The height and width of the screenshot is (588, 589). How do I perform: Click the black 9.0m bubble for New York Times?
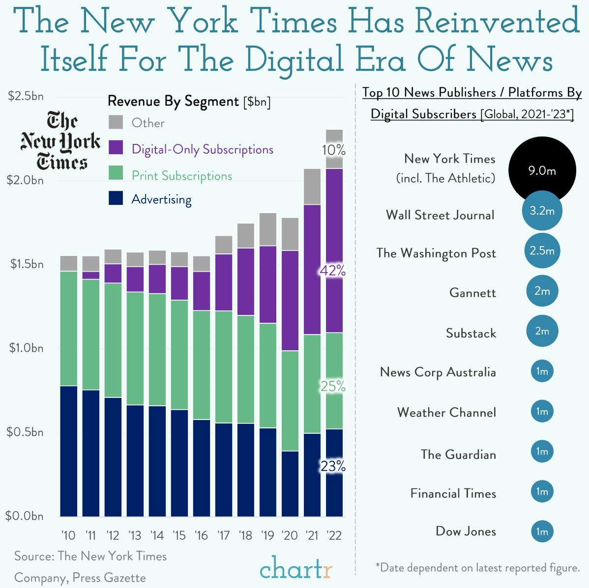pyautogui.click(x=542, y=170)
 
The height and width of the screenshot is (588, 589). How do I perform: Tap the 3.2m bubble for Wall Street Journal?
pyautogui.click(x=542, y=211)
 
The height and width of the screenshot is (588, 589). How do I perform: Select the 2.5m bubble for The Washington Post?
pyautogui.click(x=542, y=251)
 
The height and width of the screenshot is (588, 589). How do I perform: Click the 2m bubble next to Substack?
pyautogui.click(x=542, y=331)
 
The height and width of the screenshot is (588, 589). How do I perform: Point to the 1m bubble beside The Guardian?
pyautogui.click(x=542, y=451)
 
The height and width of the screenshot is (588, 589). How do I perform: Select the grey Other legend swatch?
pyautogui.click(x=116, y=122)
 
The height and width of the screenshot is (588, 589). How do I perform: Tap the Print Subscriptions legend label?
pyautogui.click(x=181, y=176)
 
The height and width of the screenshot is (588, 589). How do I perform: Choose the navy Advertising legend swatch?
pyautogui.click(x=116, y=198)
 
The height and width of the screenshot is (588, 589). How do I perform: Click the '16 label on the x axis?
pyautogui.click(x=201, y=535)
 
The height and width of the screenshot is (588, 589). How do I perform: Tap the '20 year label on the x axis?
pyautogui.click(x=290, y=535)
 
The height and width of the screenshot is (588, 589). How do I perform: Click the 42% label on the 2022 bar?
pyautogui.click(x=333, y=271)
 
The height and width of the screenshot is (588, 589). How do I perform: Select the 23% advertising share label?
pyautogui.click(x=333, y=466)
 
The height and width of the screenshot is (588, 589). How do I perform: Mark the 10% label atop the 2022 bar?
pyautogui.click(x=333, y=150)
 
